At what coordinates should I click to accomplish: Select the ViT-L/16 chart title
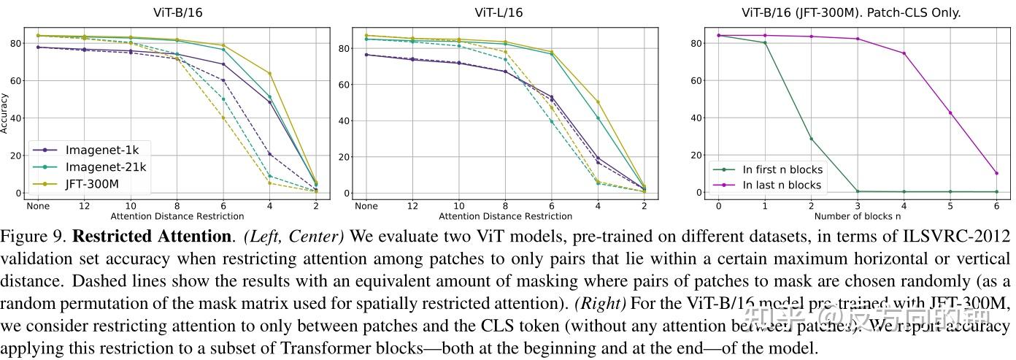[499, 12]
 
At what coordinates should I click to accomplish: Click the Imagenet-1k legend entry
[97, 150]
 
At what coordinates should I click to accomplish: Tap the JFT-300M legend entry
[91, 184]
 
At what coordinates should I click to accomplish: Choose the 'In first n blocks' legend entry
[782, 169]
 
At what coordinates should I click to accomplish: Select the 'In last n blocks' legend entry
[782, 185]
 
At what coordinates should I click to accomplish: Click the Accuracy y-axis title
[6, 113]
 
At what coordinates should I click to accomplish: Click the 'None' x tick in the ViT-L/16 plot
[366, 206]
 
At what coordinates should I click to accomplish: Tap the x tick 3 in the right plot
[856, 206]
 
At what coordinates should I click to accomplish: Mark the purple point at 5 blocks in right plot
[950, 112]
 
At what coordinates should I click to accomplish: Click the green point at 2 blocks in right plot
[810, 139]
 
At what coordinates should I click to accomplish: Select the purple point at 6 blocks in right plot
[996, 173]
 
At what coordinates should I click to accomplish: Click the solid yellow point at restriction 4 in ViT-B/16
[270, 73]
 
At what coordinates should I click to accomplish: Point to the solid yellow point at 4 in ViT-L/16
[598, 102]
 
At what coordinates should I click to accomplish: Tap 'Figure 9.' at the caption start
[34, 237]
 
